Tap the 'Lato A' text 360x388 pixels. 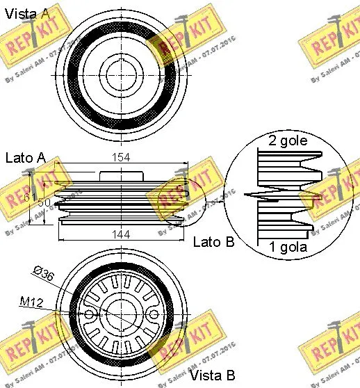coord(26,158)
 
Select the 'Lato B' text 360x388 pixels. coord(213,241)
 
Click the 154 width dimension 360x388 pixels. coord(122,158)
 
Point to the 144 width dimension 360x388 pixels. coord(122,235)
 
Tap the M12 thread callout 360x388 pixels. coord(31,302)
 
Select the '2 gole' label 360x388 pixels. coord(287,141)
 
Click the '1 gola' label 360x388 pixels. coord(287,247)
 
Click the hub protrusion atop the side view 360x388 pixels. coord(122,177)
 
